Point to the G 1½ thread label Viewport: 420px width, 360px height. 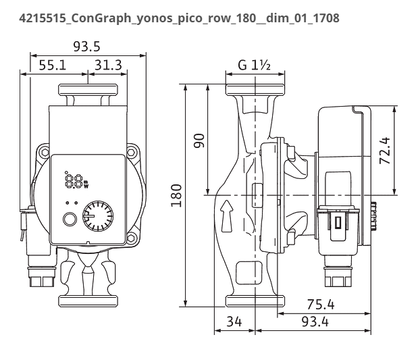pos(254,66)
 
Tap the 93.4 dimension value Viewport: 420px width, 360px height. pos(314,322)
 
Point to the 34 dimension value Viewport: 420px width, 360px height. pos(235,322)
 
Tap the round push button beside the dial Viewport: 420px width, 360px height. pos(70,220)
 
